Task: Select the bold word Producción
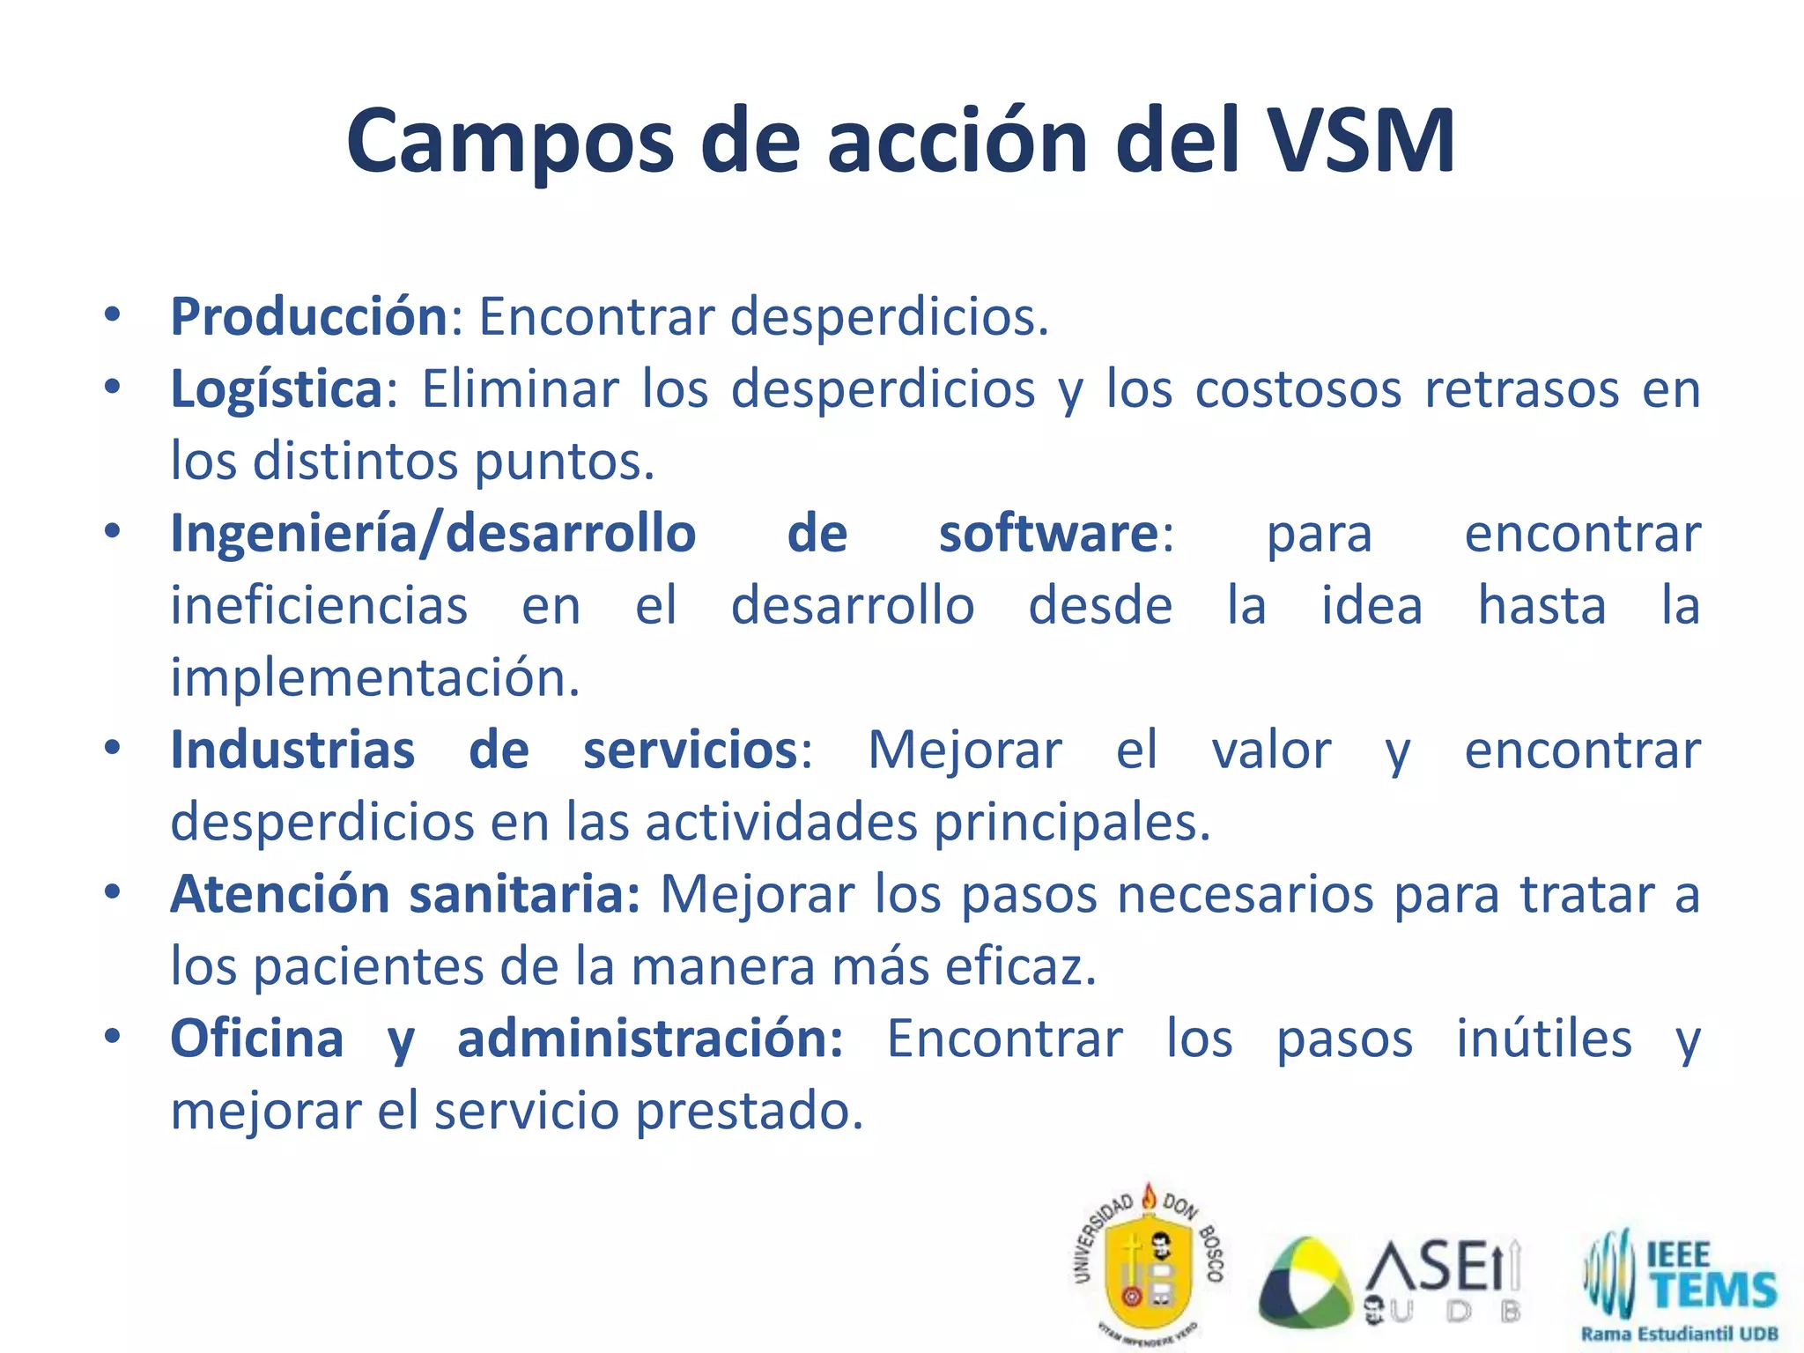(310, 316)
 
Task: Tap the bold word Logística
(277, 389)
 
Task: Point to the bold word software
(1048, 534)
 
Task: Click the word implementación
(375, 678)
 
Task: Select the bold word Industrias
(292, 750)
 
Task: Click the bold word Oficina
(256, 1039)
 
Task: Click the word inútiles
(1544, 1039)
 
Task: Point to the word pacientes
(367, 967)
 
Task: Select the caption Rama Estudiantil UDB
(1679, 1334)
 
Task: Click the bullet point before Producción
(112, 314)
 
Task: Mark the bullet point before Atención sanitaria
(112, 892)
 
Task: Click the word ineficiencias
(319, 606)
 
